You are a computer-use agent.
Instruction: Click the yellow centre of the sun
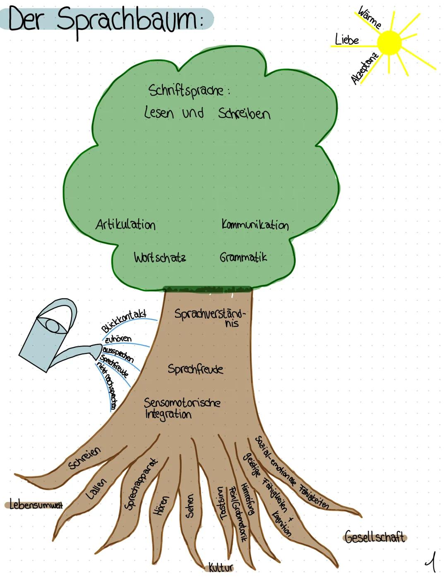coord(389,42)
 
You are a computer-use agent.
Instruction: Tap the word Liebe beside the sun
coord(347,40)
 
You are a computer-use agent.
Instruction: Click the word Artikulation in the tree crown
coord(125,225)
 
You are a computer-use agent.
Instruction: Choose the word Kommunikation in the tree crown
coord(255,225)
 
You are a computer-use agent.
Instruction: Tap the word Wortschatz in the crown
coord(160,257)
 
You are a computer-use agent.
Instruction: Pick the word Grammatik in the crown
coord(243,257)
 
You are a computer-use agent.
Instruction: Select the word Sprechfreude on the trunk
coord(195,369)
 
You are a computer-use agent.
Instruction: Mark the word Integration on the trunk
coord(168,414)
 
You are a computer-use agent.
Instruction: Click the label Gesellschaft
coord(375,537)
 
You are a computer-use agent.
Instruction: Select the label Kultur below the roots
coord(221,567)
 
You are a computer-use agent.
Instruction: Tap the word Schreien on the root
coord(84,458)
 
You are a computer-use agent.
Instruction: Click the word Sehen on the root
coord(190,505)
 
